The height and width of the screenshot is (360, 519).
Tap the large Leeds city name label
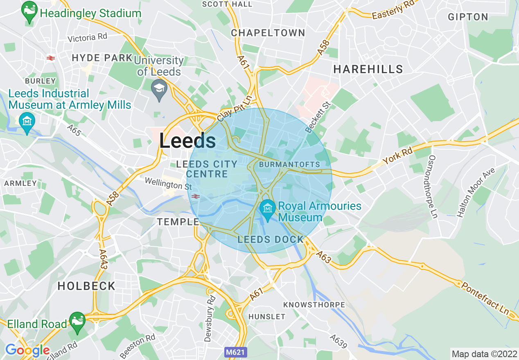coord(187,141)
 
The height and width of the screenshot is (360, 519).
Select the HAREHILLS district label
coord(368,69)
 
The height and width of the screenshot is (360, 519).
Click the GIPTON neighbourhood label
coord(468,17)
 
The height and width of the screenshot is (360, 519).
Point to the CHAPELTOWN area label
coord(268,33)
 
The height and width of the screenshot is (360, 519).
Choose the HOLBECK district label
coord(86,286)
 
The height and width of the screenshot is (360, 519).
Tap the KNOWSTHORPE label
coord(314,305)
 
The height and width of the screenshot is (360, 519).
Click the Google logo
coord(27,350)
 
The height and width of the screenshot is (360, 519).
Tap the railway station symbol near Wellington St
coord(195,196)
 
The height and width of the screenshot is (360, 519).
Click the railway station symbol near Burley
coord(51,58)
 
